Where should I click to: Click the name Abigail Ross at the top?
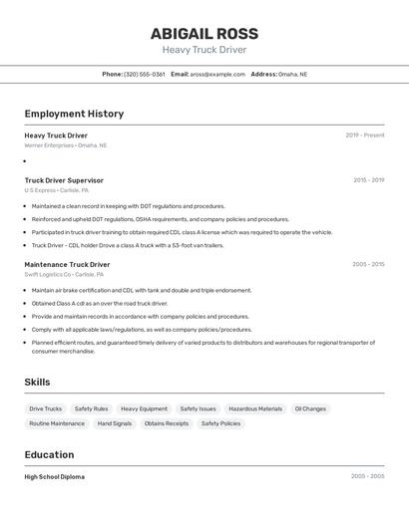(x=204, y=33)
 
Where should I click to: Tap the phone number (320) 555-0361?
(x=144, y=74)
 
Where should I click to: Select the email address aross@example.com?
(x=217, y=74)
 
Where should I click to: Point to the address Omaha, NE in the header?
(x=292, y=74)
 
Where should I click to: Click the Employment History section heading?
(x=74, y=114)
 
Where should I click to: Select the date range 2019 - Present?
(x=364, y=135)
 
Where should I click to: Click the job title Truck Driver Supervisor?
(x=64, y=180)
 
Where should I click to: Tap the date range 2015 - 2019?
(x=368, y=180)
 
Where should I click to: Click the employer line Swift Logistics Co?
(x=59, y=274)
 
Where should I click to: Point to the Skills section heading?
(x=37, y=382)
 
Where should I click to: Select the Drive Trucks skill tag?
(x=45, y=408)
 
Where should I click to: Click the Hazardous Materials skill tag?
(x=255, y=408)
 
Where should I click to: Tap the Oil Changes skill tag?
(x=310, y=408)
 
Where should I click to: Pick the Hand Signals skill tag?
(x=115, y=423)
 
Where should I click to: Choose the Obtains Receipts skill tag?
(x=167, y=423)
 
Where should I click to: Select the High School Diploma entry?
(x=55, y=477)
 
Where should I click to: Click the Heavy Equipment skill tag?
(x=145, y=408)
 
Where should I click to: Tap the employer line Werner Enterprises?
(x=65, y=145)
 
